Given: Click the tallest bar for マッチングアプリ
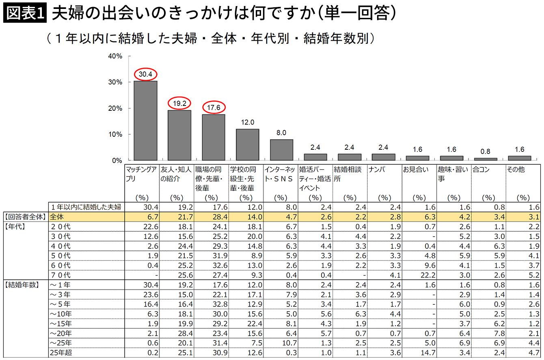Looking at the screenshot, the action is (145, 121).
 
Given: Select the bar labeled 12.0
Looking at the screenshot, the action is (248, 144).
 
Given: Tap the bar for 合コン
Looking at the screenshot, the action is (486, 159).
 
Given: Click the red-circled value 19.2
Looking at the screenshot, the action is (179, 103).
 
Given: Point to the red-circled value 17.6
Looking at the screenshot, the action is (214, 107).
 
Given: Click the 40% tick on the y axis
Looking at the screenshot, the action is (130, 56).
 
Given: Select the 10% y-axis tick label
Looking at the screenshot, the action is (115, 134).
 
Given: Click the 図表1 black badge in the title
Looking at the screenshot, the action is (25, 13).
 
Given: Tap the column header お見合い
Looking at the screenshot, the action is (416, 169).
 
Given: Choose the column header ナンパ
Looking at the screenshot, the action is (377, 169).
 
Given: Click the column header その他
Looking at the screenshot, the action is (516, 169).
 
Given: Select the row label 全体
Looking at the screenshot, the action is (56, 217).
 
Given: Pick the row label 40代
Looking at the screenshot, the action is (60, 246).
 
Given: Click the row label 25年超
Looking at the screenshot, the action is (61, 352).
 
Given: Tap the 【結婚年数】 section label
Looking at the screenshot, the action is (22, 285).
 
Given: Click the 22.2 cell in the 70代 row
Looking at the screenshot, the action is (428, 275).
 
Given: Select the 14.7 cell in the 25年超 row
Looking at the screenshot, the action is (428, 352).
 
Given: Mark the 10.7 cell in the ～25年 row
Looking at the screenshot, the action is (289, 343).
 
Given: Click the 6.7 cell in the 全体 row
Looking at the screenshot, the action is (153, 217).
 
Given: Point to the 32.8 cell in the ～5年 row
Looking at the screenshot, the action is (220, 304).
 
